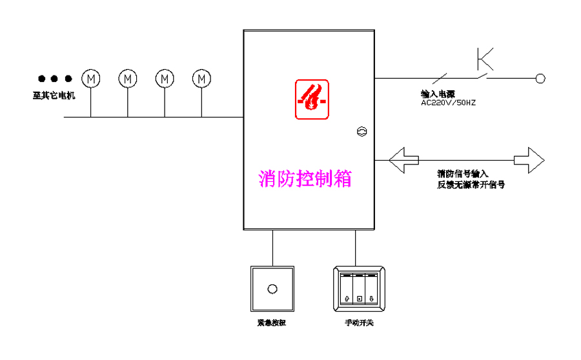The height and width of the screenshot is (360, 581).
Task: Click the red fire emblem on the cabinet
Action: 312,99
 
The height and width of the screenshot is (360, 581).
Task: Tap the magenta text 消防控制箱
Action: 305,177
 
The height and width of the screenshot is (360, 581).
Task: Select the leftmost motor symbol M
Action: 91,79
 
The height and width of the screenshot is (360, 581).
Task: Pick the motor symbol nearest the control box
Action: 202,79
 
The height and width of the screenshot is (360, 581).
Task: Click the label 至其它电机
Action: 54,96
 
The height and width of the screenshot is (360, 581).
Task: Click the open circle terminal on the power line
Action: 540,79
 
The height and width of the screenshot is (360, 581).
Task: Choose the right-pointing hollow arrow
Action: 529,159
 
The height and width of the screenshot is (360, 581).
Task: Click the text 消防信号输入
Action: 462,174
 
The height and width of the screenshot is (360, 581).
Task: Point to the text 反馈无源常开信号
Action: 470,184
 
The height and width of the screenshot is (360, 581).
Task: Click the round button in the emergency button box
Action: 272,289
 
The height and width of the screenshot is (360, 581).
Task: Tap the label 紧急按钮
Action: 271,323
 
